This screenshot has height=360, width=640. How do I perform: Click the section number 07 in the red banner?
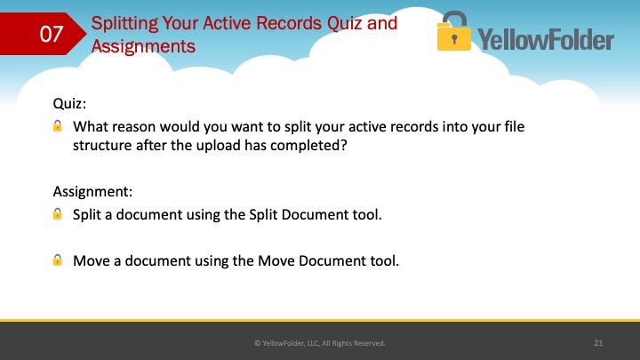coord(51,34)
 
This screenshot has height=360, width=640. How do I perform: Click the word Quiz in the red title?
coord(344,24)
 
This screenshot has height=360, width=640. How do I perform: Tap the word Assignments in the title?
coord(143,46)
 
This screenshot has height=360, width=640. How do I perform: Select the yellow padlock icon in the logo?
coord(453,31)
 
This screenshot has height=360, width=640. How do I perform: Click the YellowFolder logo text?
coord(546,40)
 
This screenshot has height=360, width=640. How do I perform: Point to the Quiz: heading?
coord(69,104)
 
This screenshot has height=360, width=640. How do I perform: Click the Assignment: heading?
coord(92,191)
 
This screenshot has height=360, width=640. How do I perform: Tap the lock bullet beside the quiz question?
coord(58,125)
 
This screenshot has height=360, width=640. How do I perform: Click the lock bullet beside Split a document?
coord(58,213)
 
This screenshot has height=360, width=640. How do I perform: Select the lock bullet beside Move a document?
coord(58,260)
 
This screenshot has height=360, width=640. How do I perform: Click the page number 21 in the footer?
coord(598,343)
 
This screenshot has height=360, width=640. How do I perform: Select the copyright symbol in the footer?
coord(257,343)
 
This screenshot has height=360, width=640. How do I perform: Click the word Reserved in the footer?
coord(369,343)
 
